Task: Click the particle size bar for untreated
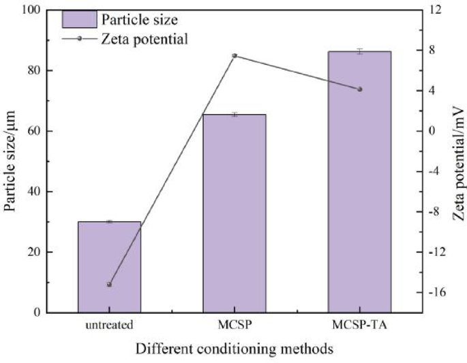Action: point(109,267)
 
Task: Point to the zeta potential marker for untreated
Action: point(109,285)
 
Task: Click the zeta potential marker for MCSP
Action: point(235,56)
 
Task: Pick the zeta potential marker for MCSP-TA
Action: point(360,89)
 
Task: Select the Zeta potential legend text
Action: point(144,39)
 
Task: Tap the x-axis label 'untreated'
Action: point(109,325)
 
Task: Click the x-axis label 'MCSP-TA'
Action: point(360,325)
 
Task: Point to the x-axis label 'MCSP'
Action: point(235,325)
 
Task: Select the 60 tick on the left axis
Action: point(35,131)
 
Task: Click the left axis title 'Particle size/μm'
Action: point(12,160)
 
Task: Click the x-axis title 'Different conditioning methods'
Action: point(234,349)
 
